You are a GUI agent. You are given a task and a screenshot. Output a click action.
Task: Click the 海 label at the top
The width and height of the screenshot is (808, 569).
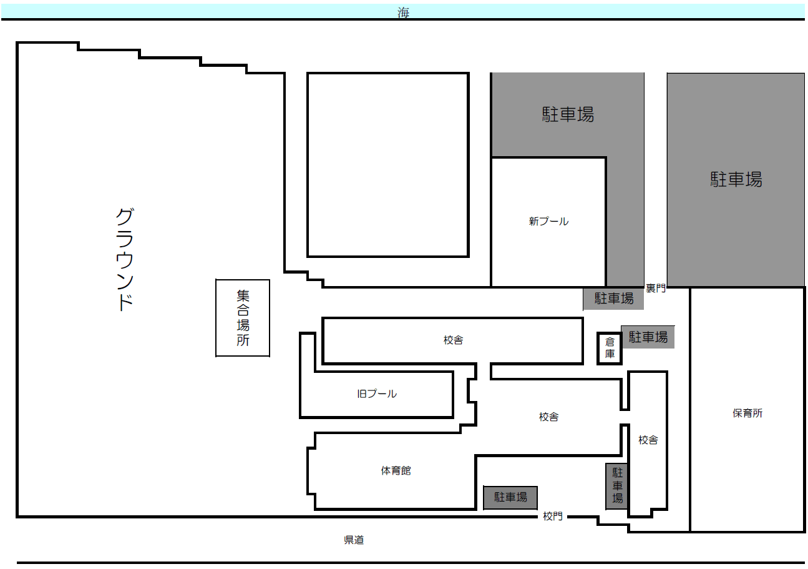(403, 12)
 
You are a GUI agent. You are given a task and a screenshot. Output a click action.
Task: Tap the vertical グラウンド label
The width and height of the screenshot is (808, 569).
(125, 259)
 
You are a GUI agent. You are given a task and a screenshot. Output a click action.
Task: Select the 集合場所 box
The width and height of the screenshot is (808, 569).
(242, 318)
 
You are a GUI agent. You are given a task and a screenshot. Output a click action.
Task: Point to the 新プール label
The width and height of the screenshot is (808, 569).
(548, 221)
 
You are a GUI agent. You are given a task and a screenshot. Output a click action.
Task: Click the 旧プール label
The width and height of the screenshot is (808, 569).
(377, 393)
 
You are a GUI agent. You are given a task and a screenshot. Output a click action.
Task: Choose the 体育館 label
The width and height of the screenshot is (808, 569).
(396, 470)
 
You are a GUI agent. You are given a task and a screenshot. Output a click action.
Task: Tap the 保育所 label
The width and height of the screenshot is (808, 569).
(747, 413)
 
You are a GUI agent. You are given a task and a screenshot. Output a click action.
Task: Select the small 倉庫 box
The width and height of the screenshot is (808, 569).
(609, 348)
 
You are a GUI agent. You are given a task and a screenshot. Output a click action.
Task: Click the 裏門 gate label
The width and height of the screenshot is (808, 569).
(655, 288)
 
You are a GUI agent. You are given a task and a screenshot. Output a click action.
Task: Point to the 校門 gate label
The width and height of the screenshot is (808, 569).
(553, 517)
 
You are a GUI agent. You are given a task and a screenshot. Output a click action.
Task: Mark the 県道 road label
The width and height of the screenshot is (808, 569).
(354, 540)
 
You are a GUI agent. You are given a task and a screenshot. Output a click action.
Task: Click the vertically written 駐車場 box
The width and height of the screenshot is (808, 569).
(617, 486)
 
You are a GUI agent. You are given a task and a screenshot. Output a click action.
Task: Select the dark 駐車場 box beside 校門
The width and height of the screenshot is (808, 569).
(510, 498)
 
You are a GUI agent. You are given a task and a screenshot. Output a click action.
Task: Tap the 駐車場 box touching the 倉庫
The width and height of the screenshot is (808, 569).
(648, 337)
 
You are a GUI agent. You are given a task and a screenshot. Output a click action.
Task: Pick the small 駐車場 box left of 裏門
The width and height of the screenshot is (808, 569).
(613, 299)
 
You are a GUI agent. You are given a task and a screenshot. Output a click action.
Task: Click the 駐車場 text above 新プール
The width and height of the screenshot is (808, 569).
(568, 114)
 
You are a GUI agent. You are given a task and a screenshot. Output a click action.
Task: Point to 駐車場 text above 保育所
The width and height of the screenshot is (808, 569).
(736, 179)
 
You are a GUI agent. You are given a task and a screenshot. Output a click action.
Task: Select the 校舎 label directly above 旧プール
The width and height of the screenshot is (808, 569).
(453, 340)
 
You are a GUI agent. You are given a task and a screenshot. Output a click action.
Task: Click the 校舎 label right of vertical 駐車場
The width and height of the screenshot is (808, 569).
(648, 440)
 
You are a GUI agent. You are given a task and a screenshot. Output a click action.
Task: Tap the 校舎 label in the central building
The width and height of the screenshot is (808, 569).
(548, 417)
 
